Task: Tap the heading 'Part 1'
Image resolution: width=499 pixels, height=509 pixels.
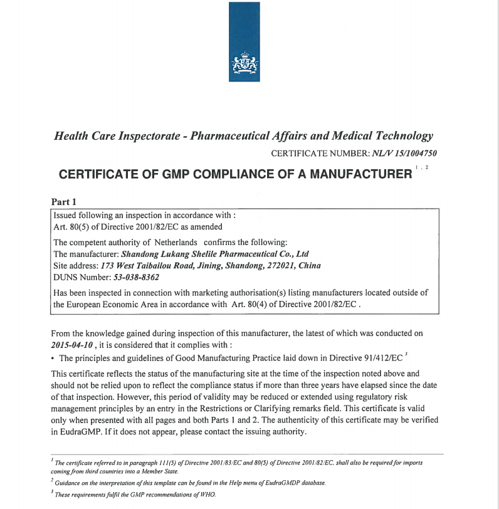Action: (63, 202)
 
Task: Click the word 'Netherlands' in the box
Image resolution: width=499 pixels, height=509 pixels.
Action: (174, 243)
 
